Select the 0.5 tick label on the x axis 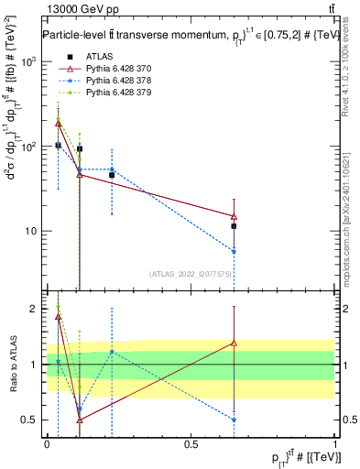coord(191,442)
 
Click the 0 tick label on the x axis coord(47,442)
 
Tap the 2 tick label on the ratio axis coord(33,309)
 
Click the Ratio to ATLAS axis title coord(12,364)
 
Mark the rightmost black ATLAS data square coord(235,225)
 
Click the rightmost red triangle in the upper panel coord(235,216)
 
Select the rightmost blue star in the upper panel coord(235,251)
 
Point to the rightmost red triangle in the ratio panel coord(235,343)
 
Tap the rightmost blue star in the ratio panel coord(235,420)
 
